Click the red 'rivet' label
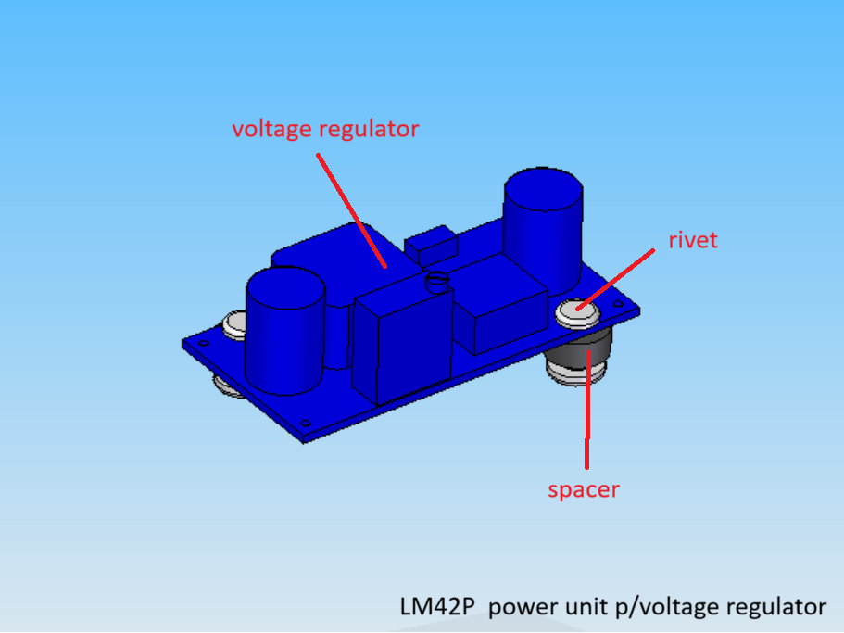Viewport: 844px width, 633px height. coord(693,240)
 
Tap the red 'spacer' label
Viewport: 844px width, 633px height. coord(584,490)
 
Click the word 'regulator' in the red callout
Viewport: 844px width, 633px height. coord(369,130)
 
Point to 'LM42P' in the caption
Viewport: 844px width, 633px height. coord(437,607)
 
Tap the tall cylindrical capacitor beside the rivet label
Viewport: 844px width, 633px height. coord(543,232)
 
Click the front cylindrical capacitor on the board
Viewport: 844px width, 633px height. coord(284,331)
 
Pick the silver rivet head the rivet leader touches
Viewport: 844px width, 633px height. coord(577,312)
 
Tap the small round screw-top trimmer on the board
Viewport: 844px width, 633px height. coord(436,281)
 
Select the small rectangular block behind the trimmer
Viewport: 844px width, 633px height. coord(431,245)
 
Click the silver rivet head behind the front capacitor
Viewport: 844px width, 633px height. coord(234,324)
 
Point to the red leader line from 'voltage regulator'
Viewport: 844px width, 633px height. coord(351,210)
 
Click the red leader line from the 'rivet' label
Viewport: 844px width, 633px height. coord(615,280)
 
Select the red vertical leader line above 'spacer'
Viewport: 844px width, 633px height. coord(587,410)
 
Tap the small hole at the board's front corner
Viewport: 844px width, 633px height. coord(305,424)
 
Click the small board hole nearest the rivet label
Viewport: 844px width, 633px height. coord(619,304)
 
